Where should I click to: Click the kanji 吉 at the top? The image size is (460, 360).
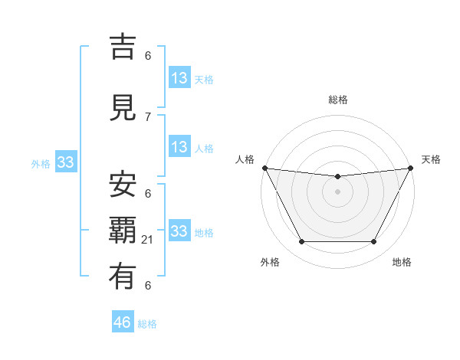pyautogui.click(x=124, y=47)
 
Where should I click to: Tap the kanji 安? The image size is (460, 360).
pyautogui.click(x=124, y=184)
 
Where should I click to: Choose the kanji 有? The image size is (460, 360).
pyautogui.click(x=124, y=277)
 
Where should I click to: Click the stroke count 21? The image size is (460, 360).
pyautogui.click(x=148, y=241)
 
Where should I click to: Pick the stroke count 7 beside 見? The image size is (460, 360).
pyautogui.click(x=148, y=116)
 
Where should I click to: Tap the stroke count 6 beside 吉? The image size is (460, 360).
pyautogui.click(x=148, y=55)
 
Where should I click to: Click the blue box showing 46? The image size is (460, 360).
pyautogui.click(x=123, y=322)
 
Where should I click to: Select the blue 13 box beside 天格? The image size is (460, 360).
pyautogui.click(x=179, y=78)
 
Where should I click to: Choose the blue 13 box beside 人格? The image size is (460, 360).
pyautogui.click(x=179, y=147)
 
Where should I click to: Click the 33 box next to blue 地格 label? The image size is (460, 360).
pyautogui.click(x=179, y=231)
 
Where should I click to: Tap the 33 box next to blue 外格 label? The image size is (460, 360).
pyautogui.click(x=66, y=162)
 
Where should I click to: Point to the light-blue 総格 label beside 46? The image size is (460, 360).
pyautogui.click(x=147, y=324)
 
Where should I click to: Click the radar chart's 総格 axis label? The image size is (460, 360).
pyautogui.click(x=337, y=100)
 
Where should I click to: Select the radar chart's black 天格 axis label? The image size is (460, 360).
pyautogui.click(x=432, y=159)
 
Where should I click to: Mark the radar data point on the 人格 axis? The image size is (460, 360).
pyautogui.click(x=264, y=168)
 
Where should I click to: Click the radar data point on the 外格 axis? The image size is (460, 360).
pyautogui.click(x=301, y=242)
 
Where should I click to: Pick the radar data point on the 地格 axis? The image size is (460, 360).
pyautogui.click(x=374, y=242)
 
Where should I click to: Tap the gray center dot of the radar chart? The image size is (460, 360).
pyautogui.click(x=337, y=191)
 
